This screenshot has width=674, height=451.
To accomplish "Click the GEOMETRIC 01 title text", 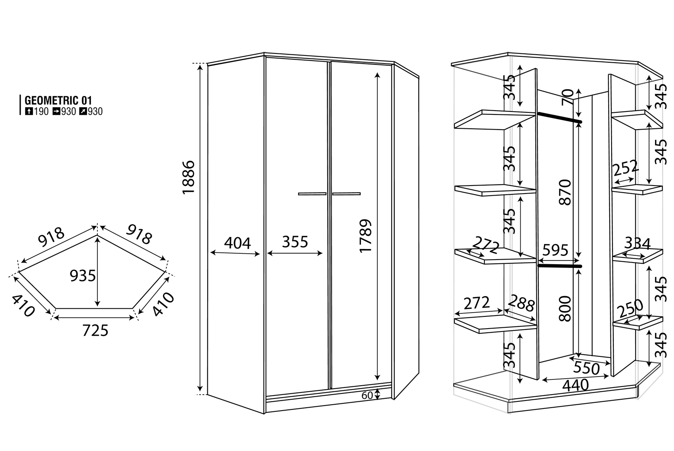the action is coord(58,100).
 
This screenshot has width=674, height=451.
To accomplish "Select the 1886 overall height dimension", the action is coord(189,178).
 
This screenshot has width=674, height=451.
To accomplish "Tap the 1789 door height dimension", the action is coord(366,236).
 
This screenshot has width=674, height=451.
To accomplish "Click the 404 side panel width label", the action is coord(237,243).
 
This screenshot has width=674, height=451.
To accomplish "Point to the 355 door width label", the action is coord(295,242).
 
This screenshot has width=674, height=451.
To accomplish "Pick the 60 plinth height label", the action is coord(367,395).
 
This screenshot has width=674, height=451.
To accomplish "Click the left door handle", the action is coord(312,194).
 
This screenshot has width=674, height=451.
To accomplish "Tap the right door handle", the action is coord(346,194).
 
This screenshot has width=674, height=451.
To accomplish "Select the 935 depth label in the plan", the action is coord(83,276).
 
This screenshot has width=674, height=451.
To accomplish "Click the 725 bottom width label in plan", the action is coord(95,331).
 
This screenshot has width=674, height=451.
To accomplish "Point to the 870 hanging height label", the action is coord(564,192).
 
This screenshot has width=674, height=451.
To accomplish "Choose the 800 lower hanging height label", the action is coord(564,308).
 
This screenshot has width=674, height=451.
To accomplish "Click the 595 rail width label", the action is coord(555,250).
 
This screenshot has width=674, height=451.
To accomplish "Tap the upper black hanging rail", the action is coord(559,117).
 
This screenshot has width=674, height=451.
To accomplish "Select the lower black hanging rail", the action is coord(560,266).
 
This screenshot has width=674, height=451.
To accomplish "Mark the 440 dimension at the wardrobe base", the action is coord(575,385).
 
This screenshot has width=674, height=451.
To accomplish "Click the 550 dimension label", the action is coord(586,368).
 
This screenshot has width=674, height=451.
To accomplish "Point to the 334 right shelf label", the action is coord(637,243).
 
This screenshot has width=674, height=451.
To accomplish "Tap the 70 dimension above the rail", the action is coord(567,97).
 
